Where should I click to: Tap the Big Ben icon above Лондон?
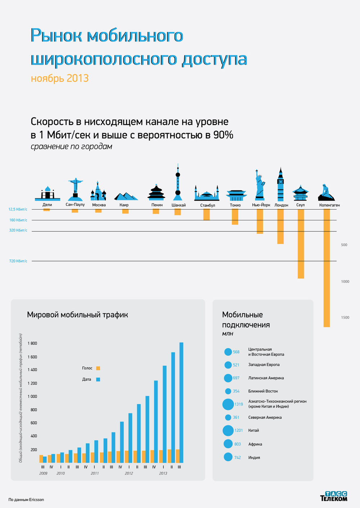[x=280, y=184]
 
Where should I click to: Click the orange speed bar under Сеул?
[x=301, y=243]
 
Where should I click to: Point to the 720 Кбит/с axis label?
[x=18, y=261]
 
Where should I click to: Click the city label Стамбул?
[x=207, y=205]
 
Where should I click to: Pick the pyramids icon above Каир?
[x=125, y=196]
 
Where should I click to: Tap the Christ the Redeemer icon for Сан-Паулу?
[x=75, y=189]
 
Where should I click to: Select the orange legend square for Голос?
[x=98, y=368]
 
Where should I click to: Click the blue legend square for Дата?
[x=98, y=379]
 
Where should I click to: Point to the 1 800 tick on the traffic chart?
[x=32, y=343]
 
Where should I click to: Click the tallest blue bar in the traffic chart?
[x=181, y=402]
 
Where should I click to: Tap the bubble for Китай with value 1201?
[x=228, y=431]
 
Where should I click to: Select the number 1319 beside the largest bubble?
[x=239, y=404]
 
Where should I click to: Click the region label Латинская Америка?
[x=266, y=378]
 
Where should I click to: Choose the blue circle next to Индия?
[x=228, y=457]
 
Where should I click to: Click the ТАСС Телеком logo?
[x=334, y=496]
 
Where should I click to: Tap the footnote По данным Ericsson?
[x=26, y=500]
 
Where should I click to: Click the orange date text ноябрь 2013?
[x=60, y=78]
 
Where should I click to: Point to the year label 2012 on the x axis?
[x=129, y=473]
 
